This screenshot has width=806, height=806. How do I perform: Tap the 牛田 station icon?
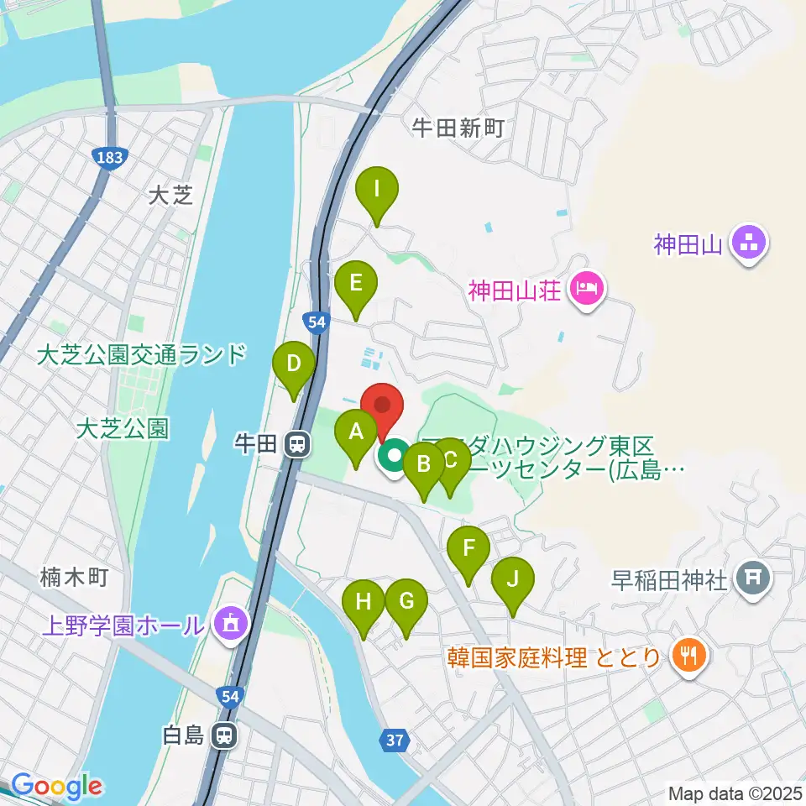pos(296,444)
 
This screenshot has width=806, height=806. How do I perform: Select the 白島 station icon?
pos(224,736)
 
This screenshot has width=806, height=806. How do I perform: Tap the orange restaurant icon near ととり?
pos(690,656)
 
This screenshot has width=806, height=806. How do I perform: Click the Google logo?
pos(57,787)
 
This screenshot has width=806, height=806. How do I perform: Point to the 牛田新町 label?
pos(458,128)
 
